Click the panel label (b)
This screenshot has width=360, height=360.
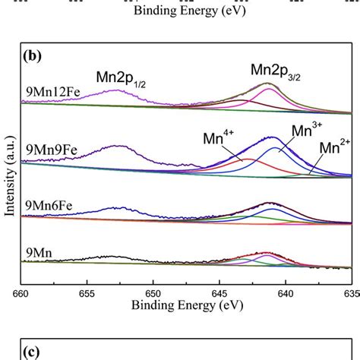tap(34, 57)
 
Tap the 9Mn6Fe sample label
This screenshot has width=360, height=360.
tap(48, 203)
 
